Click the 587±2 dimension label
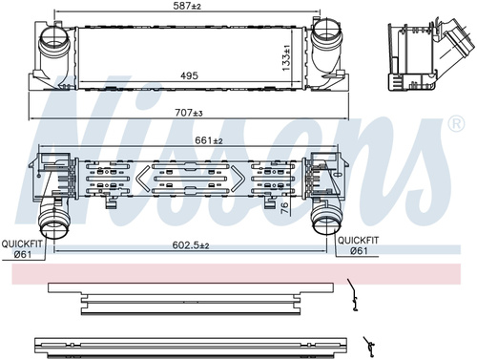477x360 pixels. [187, 6]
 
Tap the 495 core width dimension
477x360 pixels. [189, 75]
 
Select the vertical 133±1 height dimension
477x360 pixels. [286, 57]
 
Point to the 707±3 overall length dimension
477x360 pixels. [189, 113]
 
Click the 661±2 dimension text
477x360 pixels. [209, 140]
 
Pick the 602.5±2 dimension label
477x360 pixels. [191, 245]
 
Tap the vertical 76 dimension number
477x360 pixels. [285, 207]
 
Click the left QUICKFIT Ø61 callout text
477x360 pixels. [22, 249]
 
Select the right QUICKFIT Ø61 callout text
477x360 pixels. [359, 245]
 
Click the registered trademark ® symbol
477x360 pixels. [456, 123]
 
